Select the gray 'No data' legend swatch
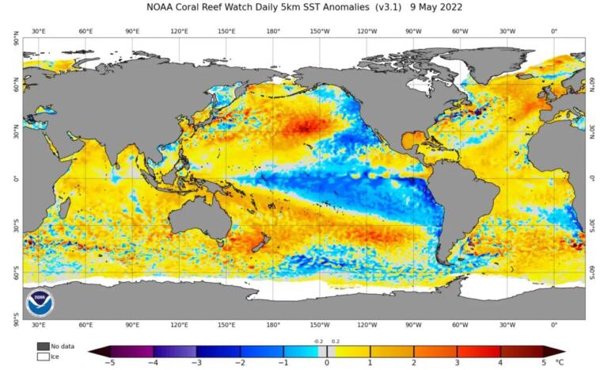pyautogui.click(x=43, y=346)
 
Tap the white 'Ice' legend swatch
pyautogui.click(x=43, y=357)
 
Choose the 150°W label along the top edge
pyautogui.click(x=320, y=31)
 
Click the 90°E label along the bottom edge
pyautogui.click(x=132, y=325)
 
